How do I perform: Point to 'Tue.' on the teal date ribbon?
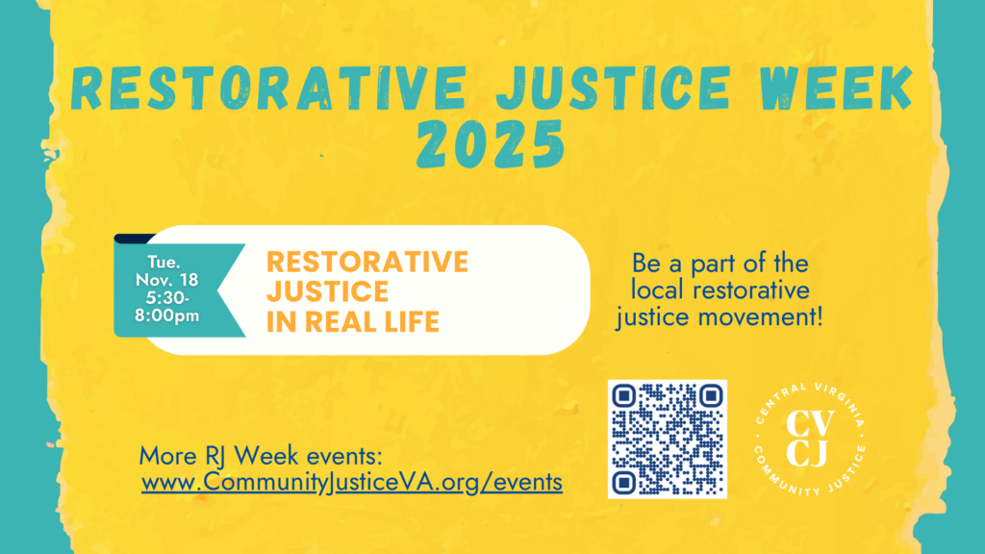pos(163,261)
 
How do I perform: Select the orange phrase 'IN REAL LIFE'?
pos(353,321)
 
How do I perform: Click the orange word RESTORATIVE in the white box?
pos(367,261)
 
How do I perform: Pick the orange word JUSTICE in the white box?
pos(327,290)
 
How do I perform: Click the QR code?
pos(667,439)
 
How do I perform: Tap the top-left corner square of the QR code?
pos(624,396)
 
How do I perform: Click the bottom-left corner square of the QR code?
pos(624,481)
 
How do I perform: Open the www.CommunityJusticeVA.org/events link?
pos(352,482)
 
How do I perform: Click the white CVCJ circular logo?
pos(811,439)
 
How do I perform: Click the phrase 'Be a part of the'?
pos(720,263)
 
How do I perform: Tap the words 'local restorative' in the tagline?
pos(720,290)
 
